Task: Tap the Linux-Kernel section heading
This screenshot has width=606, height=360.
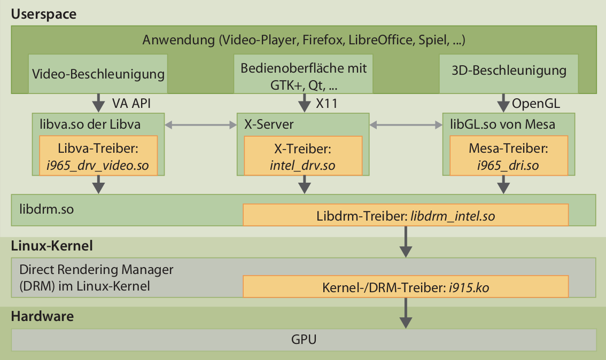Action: [x=52, y=246]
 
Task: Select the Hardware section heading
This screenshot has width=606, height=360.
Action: [x=42, y=316]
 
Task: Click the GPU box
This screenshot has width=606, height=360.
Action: [x=304, y=339]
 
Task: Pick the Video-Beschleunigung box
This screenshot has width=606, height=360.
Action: [x=98, y=74]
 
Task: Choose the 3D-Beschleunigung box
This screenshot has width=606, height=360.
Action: [x=508, y=71]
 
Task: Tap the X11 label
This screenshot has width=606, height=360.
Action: [x=327, y=103]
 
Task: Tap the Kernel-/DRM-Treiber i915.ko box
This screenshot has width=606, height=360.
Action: [x=406, y=286]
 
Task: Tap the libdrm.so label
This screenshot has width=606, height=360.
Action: [x=46, y=209]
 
